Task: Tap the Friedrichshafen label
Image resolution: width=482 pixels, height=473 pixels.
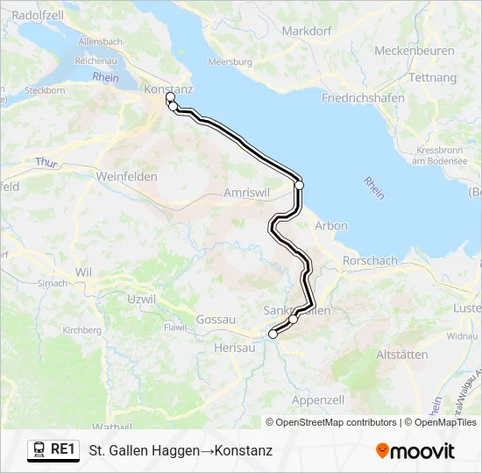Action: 363,98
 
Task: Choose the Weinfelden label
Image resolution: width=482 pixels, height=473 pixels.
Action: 127,177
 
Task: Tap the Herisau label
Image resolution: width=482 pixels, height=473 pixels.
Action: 234,348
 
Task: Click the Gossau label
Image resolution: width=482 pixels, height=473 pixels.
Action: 216,320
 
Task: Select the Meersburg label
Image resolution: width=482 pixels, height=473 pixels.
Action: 230,63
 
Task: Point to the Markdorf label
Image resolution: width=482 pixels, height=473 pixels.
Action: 306,32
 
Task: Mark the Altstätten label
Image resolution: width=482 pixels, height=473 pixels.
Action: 401,355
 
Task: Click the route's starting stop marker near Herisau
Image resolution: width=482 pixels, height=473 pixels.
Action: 273,334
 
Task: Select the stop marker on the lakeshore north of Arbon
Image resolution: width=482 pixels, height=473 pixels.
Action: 299,185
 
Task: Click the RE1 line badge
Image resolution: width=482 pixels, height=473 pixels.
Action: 53,449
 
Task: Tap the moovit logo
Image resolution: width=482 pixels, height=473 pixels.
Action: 415,451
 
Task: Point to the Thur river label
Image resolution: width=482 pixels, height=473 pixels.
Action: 46,163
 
